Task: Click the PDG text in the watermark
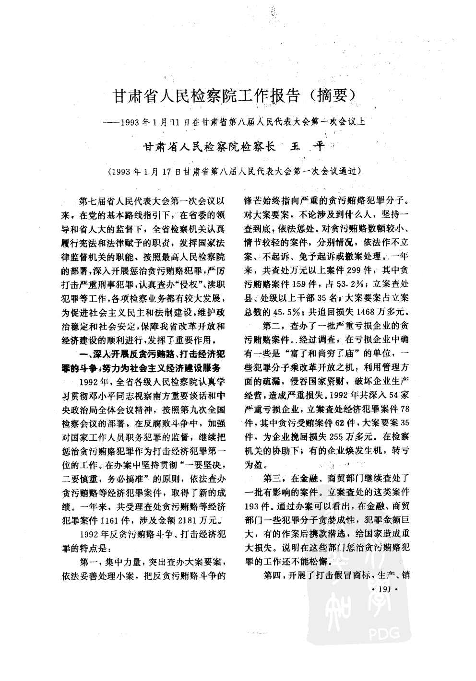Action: click(384, 634)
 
